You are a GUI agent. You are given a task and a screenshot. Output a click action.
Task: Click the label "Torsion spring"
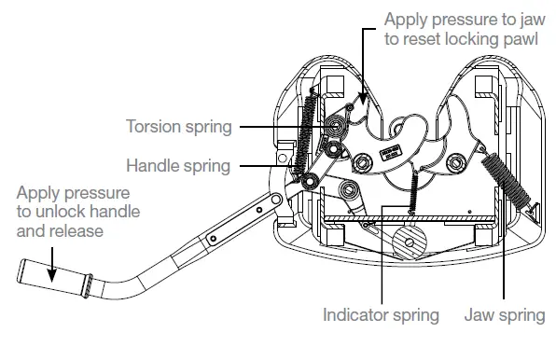(181, 126)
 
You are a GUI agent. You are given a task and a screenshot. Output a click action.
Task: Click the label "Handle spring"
(177, 166)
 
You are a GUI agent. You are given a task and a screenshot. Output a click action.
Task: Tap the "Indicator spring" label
(380, 314)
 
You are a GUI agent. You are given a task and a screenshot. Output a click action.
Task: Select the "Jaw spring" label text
(505, 314)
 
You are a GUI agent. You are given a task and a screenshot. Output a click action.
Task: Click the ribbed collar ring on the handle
(83, 288)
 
